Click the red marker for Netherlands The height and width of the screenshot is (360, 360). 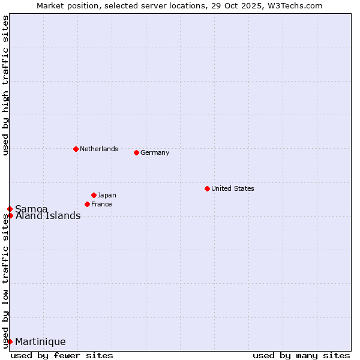click(76, 149)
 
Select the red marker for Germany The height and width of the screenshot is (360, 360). click(136, 152)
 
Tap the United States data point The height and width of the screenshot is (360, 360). click(207, 188)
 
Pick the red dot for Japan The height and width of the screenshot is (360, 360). click(94, 195)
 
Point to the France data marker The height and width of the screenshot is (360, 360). click(87, 204)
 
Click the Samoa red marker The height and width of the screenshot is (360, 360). click(10, 209)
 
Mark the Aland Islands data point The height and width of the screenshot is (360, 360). click(10, 215)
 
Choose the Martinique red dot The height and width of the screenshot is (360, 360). click(10, 341)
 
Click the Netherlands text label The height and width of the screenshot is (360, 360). click(99, 149)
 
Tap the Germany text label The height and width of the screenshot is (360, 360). click(155, 152)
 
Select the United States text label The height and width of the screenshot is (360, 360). click(232, 188)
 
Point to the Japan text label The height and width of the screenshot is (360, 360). click(107, 195)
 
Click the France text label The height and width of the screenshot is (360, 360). click(101, 204)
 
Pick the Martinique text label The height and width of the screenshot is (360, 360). click(40, 341)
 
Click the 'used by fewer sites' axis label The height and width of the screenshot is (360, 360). click(62, 355)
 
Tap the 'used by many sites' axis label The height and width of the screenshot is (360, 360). click(301, 355)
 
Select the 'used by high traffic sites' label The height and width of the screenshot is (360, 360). click(5, 86)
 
